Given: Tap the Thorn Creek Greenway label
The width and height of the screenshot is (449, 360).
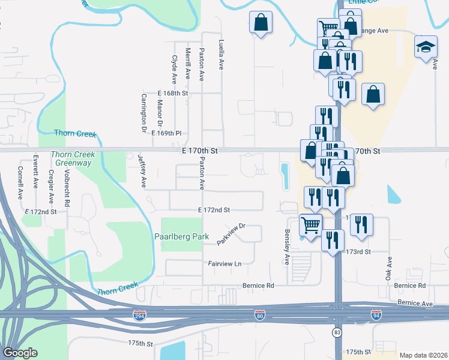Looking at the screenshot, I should click(x=71, y=158).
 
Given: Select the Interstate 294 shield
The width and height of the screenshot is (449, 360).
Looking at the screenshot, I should click(x=139, y=315).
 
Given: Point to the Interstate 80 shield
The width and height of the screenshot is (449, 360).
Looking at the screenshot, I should click(x=259, y=315).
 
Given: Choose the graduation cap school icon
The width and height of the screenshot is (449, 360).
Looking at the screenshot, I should click(x=425, y=47).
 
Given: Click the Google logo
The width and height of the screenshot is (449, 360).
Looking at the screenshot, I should click(x=20, y=353).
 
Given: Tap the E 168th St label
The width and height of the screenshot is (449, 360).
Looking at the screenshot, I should click(x=173, y=94).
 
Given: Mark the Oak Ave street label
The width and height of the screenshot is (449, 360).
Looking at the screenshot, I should click(x=389, y=269).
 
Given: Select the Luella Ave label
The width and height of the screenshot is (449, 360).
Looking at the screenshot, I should click(x=221, y=55).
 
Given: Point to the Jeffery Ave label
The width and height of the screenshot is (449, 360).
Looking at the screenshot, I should click(x=143, y=171).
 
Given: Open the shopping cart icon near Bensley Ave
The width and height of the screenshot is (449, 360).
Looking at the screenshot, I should click(x=311, y=225).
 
